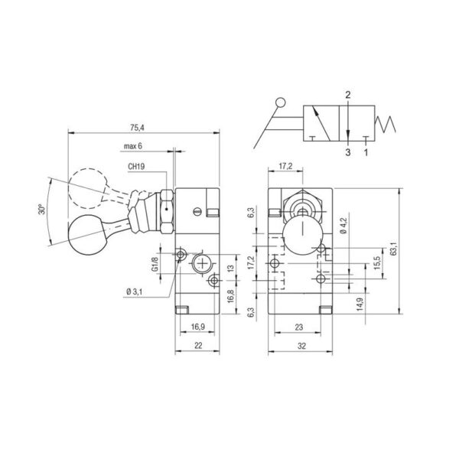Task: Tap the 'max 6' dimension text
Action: tap(133, 146)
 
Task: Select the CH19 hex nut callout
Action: tap(136, 167)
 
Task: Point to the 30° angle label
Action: tap(42, 209)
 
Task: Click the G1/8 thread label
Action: tap(155, 264)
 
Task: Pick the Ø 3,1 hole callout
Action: tap(135, 291)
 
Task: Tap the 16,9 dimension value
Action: tap(198, 327)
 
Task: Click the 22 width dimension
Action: tap(198, 346)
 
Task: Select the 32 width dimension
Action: tap(301, 346)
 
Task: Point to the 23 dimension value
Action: tap(299, 327)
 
